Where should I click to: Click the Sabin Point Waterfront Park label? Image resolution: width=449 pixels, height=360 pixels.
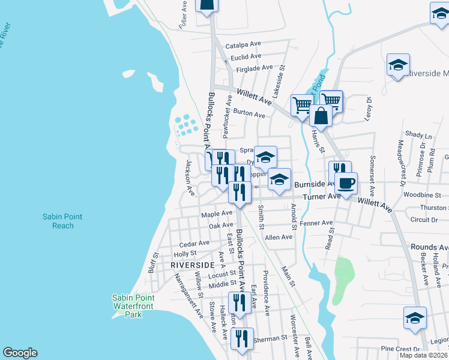click(133, 306)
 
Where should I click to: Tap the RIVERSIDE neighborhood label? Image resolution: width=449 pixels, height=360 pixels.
click(193, 265)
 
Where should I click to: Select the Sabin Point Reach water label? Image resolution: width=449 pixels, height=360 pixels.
click(62, 221)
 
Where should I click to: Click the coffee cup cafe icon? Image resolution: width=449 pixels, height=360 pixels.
click(346, 182)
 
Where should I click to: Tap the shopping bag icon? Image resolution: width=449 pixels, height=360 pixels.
click(321, 115)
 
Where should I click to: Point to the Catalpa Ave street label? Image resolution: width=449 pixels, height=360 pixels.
click(243, 45)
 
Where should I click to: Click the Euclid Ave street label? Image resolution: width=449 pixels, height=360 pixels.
click(246, 57)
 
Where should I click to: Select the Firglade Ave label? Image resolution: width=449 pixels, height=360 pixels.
click(255, 68)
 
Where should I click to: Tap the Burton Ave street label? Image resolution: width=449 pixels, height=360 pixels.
click(249, 113)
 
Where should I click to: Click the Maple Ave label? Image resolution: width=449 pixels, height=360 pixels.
click(217, 214)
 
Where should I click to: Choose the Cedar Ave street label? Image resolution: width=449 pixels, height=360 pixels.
click(194, 244)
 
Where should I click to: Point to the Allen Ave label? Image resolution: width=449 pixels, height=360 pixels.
click(279, 237)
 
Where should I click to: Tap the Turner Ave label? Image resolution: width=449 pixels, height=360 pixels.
click(322, 197)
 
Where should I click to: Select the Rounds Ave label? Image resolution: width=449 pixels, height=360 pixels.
click(429, 247)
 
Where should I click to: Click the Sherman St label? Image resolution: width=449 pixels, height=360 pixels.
click(270, 339)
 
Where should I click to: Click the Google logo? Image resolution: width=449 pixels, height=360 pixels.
click(20, 353)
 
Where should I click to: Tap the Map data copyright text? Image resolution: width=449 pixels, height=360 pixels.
click(424, 355)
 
